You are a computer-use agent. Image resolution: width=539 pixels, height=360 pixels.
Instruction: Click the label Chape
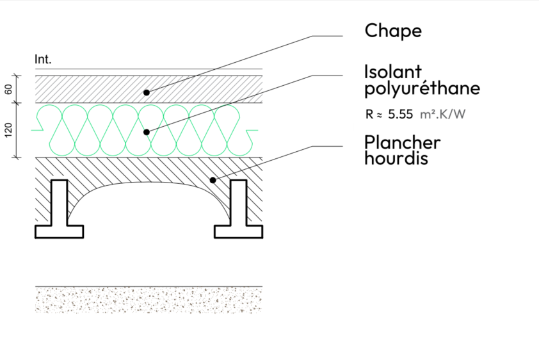(393, 31)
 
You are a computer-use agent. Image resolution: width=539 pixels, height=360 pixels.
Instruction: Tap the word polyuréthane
(422, 88)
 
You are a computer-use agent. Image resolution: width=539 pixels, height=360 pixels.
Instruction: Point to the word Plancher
(402, 142)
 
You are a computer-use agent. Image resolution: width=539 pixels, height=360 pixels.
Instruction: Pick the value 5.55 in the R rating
(401, 114)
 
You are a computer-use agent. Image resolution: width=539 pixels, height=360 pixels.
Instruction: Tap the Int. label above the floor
(43, 60)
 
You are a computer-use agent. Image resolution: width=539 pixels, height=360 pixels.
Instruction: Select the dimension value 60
(8, 89)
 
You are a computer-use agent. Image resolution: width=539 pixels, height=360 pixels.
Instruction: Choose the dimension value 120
(8, 131)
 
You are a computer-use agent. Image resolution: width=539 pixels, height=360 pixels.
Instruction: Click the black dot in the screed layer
(147, 92)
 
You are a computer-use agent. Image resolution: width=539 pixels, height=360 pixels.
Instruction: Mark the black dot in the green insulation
(147, 132)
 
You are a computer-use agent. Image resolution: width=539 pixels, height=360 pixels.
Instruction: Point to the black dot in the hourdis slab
(211, 180)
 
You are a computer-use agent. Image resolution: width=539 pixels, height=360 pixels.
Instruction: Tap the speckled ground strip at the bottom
(149, 300)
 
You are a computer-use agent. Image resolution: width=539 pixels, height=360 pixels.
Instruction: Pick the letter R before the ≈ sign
(368, 114)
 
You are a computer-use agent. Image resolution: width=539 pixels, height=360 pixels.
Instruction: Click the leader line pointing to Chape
(230, 63)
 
